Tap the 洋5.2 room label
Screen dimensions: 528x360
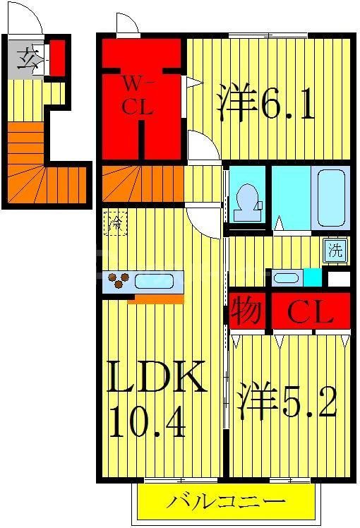(286, 400)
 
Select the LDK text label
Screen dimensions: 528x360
(157, 378)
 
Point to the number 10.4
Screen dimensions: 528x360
(147, 424)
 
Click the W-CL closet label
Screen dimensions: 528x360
(140, 97)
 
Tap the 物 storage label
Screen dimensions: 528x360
(247, 313)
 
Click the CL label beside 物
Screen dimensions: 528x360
(310, 313)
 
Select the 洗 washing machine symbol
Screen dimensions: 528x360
(336, 249)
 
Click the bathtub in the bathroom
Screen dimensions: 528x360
(330, 198)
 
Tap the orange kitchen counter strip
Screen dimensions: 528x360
(159, 299)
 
